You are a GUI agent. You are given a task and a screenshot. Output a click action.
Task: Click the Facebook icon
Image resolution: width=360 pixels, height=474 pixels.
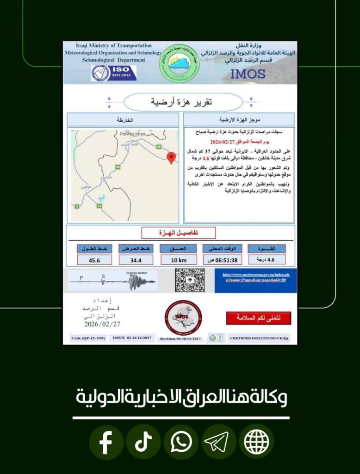tap(106, 443)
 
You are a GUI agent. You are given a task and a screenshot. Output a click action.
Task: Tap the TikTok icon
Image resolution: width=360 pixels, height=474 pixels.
tap(143, 443)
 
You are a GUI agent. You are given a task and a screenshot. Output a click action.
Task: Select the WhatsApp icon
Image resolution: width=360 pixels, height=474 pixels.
tap(181, 443)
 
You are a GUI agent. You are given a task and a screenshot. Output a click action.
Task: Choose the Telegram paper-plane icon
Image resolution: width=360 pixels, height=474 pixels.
tap(218, 443)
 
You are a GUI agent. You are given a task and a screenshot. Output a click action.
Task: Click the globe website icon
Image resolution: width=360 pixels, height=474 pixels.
tap(256, 443)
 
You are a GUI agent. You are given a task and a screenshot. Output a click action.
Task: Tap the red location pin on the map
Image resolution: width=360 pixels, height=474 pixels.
tap(171, 158)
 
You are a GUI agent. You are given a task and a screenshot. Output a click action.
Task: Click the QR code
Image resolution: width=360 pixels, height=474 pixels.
tap(190, 280)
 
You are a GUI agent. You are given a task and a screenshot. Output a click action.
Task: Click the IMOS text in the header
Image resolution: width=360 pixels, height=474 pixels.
tap(248, 74)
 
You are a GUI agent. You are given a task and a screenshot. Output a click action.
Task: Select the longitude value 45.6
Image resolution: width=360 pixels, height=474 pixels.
tap(94, 260)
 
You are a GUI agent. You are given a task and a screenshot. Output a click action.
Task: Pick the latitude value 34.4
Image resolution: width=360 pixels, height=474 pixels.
tap(136, 260)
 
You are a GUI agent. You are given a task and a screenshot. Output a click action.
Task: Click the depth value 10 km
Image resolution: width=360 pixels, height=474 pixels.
tap(179, 260)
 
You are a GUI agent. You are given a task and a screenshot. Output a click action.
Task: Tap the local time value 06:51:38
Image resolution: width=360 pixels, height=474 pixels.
tap(221, 260)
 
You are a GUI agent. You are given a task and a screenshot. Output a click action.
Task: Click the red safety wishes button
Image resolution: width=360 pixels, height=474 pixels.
tap(259, 318)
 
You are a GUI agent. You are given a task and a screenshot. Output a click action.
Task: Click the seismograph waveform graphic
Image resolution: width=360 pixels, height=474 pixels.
tap(113, 281)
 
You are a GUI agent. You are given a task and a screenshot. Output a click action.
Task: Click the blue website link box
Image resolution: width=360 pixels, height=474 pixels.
tap(256, 281)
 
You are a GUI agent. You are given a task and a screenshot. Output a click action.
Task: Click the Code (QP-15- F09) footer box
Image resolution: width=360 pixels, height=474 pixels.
tap(88, 338)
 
